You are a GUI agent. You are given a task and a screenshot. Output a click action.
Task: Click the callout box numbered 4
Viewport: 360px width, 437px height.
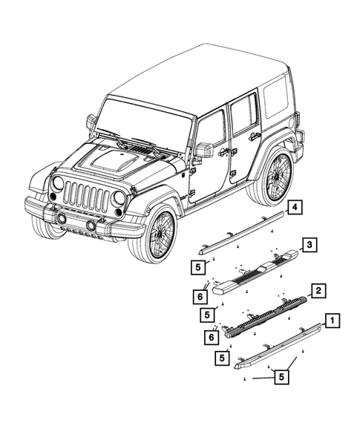pos(295,207)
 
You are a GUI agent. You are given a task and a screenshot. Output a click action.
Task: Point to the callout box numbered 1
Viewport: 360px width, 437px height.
pos(333,321)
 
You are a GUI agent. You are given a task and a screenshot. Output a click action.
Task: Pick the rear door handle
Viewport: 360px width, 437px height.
pos(255,137)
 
